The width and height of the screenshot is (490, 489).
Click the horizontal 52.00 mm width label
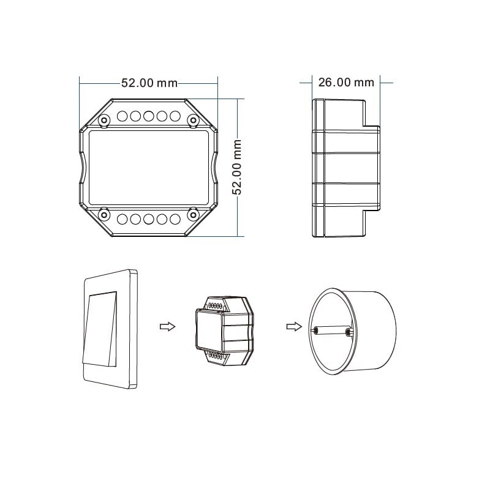pyautogui.click(x=149, y=83)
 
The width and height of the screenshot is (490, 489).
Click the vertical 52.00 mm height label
pyautogui.click(x=237, y=167)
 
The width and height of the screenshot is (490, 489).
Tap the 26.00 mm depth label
pyautogui.click(x=346, y=83)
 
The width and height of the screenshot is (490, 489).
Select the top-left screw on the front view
pyautogui.click(x=104, y=120)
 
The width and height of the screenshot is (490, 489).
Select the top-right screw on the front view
pyautogui.click(x=194, y=120)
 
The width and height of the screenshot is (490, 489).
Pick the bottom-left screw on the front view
pyautogui.click(x=104, y=214)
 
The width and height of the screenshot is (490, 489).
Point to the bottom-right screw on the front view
pyautogui.click(x=194, y=214)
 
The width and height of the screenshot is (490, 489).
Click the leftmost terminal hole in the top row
pyautogui.click(x=122, y=116)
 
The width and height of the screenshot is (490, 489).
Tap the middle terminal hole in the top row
pyautogui.click(x=148, y=116)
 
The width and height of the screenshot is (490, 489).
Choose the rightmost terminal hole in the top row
pyautogui.click(x=175, y=116)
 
